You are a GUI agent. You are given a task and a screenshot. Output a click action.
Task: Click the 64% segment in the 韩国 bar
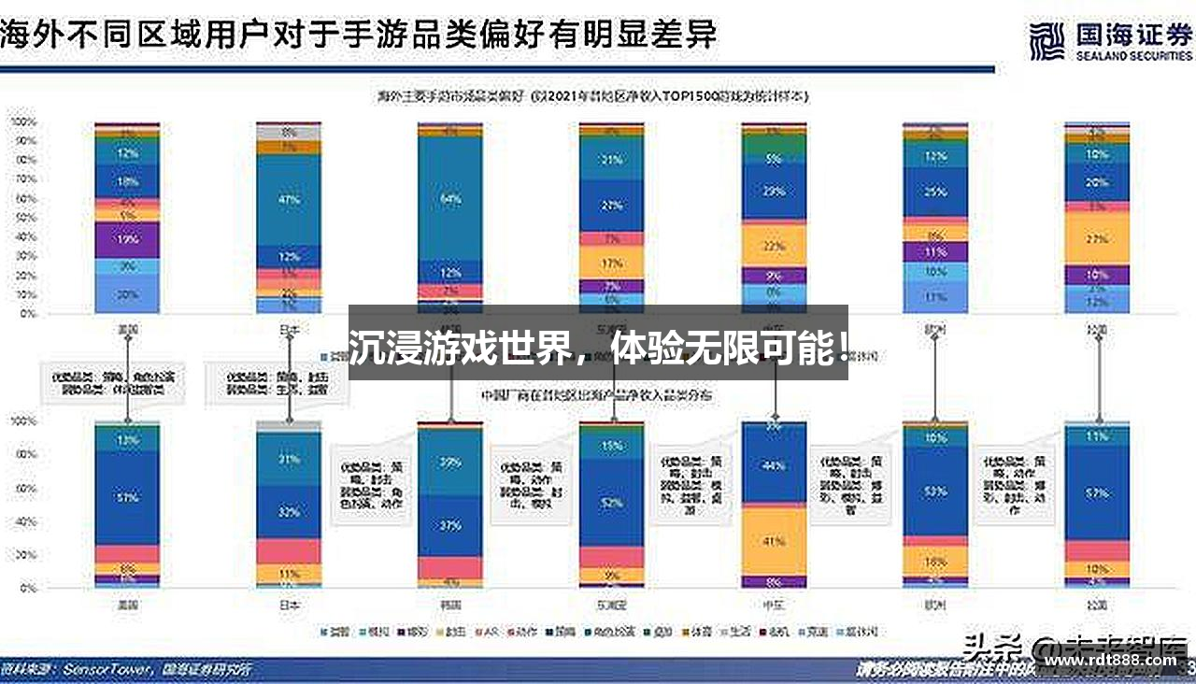[x=450, y=198]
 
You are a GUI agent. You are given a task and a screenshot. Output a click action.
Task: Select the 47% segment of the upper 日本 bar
[x=289, y=199]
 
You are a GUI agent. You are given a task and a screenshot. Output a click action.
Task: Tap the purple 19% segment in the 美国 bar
[x=128, y=239]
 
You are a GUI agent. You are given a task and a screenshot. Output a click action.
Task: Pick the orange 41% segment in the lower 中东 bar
[x=774, y=541]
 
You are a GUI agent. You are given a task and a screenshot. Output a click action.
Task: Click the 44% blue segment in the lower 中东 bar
[x=774, y=466]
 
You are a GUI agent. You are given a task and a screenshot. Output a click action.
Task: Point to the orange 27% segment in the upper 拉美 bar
[x=1097, y=239]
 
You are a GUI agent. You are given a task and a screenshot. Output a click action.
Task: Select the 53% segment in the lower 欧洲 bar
[x=935, y=492]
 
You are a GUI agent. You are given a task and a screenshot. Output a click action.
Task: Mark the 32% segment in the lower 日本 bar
[x=289, y=512]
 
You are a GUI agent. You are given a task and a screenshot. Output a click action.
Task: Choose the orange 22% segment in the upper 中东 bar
[x=774, y=246]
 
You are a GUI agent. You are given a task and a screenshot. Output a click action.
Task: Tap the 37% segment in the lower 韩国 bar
[x=450, y=525]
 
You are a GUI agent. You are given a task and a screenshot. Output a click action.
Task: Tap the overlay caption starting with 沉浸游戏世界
[x=598, y=349]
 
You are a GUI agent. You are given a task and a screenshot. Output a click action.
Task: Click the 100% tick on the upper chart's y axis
[x=22, y=122]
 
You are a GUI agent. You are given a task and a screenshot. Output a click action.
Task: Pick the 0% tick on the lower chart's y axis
[x=25, y=589]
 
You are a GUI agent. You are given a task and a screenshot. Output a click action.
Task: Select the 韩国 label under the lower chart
[x=450, y=605]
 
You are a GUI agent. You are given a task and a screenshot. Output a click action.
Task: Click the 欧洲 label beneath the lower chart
[x=935, y=605]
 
